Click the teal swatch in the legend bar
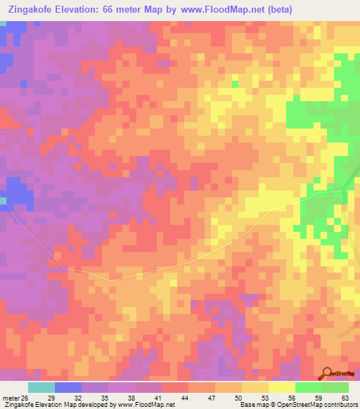(x=41, y=387)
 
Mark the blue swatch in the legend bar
(x=68, y=387)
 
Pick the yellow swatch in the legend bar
(x=281, y=387)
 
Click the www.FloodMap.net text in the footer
(x=146, y=405)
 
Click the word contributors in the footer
(x=342, y=405)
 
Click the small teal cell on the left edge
(x=2, y=201)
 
